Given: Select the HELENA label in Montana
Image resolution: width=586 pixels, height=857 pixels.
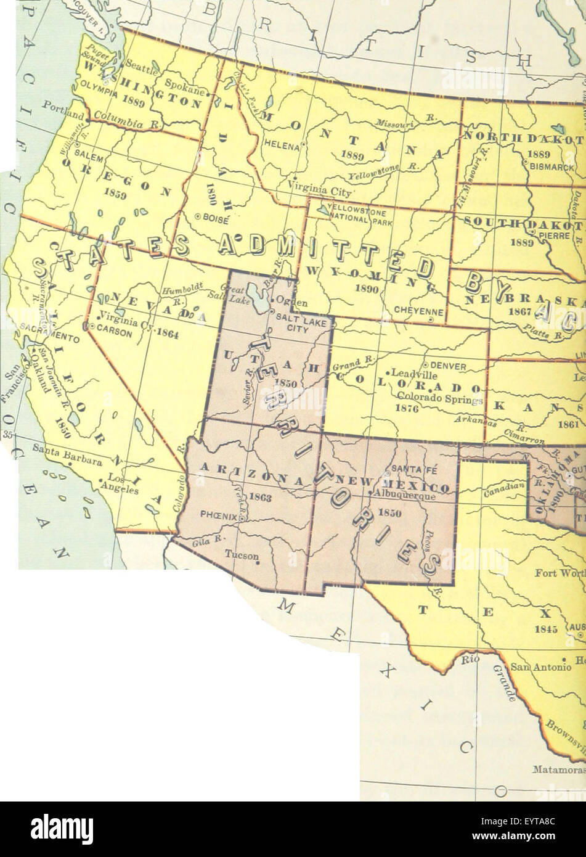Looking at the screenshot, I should point(281,147).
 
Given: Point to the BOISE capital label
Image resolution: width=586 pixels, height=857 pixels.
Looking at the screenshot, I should point(215,217).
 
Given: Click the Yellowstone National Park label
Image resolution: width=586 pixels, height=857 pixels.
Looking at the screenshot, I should point(359,211).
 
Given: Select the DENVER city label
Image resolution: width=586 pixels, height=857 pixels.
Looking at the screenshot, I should point(448,366).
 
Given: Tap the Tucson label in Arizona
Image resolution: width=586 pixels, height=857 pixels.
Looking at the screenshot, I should point(243,554).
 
